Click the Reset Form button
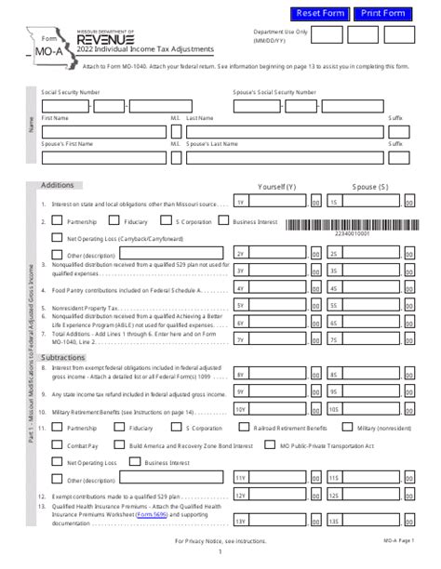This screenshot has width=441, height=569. click(x=319, y=13)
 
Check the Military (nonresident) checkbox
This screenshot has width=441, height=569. click(x=337, y=429)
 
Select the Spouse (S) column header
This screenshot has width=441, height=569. click(x=370, y=186)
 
